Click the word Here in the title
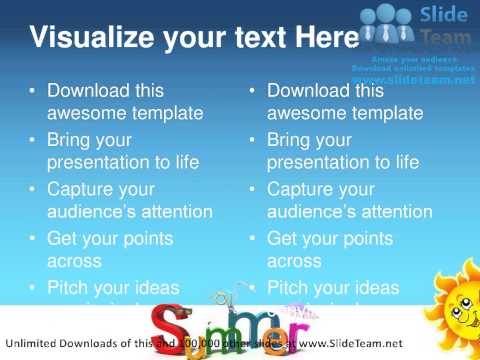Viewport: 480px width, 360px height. pos(324,39)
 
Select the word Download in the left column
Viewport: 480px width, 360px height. pos(91,91)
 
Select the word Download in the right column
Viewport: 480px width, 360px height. pos(311,91)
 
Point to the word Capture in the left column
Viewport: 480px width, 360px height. pos(85,188)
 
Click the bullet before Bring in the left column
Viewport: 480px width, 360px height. pos(32,140)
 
